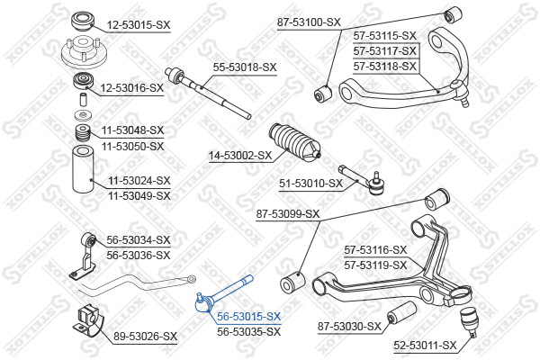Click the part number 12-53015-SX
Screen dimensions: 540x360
[139, 25]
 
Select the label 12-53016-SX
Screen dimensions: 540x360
[132, 88]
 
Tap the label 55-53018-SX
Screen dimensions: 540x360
[245, 67]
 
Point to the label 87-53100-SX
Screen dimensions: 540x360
[309, 22]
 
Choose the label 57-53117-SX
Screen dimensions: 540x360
[385, 51]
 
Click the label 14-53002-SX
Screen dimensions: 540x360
[240, 156]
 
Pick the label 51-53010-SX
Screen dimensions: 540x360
[311, 184]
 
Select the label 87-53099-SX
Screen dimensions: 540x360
[288, 214]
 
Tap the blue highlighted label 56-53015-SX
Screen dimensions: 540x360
[249, 316]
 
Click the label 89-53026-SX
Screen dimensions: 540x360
[145, 336]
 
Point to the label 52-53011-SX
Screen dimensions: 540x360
[425, 345]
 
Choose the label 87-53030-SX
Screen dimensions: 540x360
[349, 326]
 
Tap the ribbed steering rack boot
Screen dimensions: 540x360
[295, 141]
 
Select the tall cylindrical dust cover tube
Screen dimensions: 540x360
[83, 169]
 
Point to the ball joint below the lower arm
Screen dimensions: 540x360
[468, 321]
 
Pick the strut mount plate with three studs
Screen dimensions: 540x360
[84, 53]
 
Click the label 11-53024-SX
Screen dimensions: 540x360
[139, 181]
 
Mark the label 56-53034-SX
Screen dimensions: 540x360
[139, 239]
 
